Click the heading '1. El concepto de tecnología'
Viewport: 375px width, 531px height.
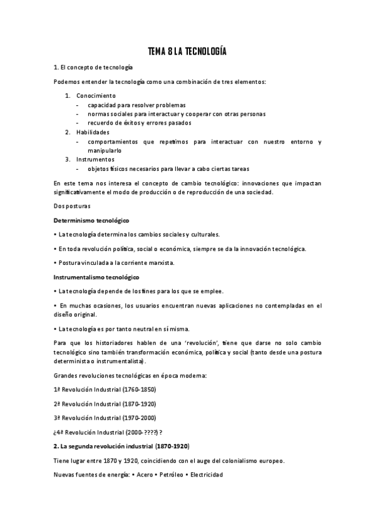93,68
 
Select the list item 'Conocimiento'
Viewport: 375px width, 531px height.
96,96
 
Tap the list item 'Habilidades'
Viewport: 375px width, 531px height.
93,132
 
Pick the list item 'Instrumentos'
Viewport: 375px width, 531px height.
95,159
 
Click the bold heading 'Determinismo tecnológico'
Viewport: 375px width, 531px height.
91,220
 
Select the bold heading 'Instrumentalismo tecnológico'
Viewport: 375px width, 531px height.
97,277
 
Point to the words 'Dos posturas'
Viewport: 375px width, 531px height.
73,206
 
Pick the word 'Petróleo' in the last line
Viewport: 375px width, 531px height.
170,474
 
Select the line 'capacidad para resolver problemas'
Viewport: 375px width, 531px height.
136,105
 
